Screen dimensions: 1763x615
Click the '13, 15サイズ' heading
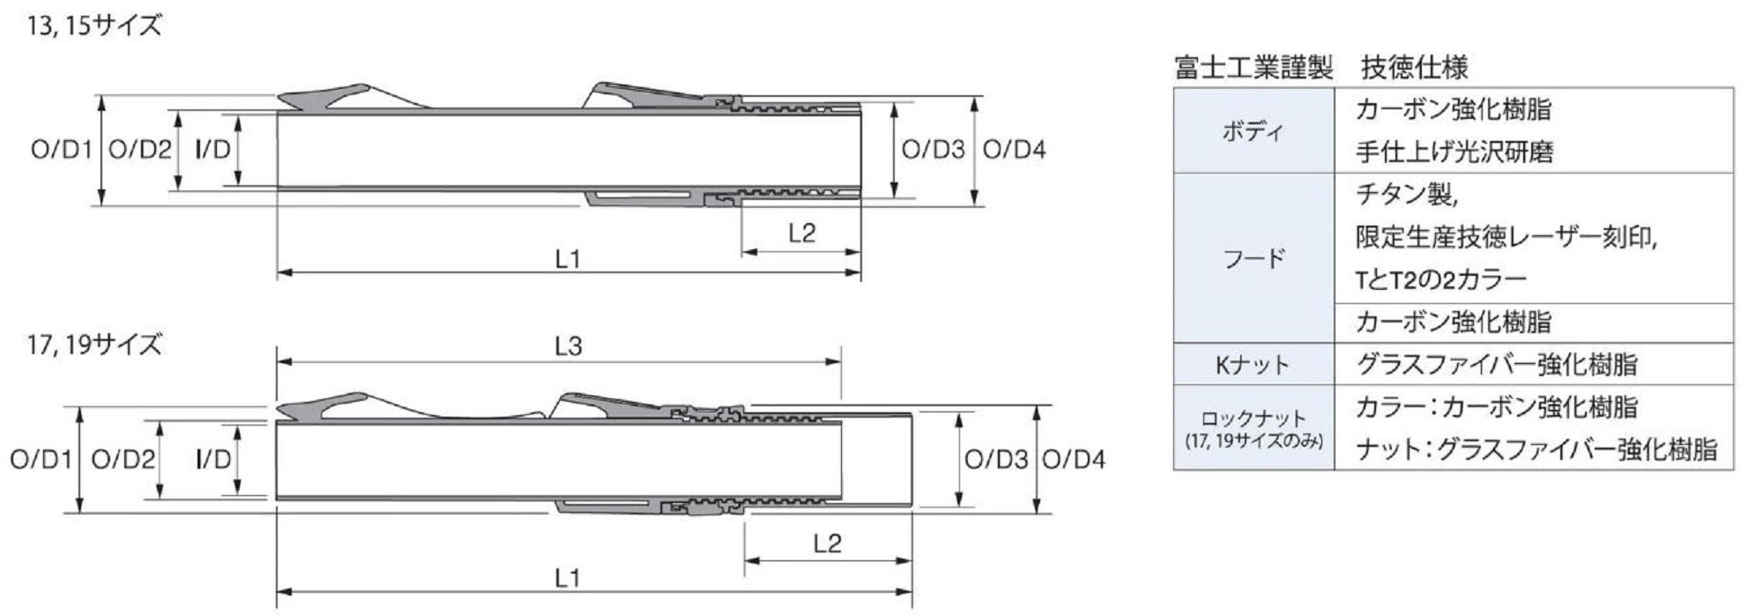pyautogui.click(x=95, y=26)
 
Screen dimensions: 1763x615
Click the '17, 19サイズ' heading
pyautogui.click(x=95, y=344)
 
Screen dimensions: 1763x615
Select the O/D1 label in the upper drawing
pyautogui.click(x=62, y=150)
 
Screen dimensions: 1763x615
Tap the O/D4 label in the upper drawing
pyautogui.click(x=1015, y=150)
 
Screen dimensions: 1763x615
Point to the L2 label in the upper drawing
pyautogui.click(x=802, y=233)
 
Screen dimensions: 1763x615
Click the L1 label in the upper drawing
pyautogui.click(x=569, y=259)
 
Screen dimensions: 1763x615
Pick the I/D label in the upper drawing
pyautogui.click(x=212, y=150)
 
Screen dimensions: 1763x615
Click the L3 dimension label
pyautogui.click(x=569, y=346)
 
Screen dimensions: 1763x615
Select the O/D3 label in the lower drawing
pyautogui.click(x=996, y=459)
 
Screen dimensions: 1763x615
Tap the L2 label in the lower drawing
pyautogui.click(x=828, y=543)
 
